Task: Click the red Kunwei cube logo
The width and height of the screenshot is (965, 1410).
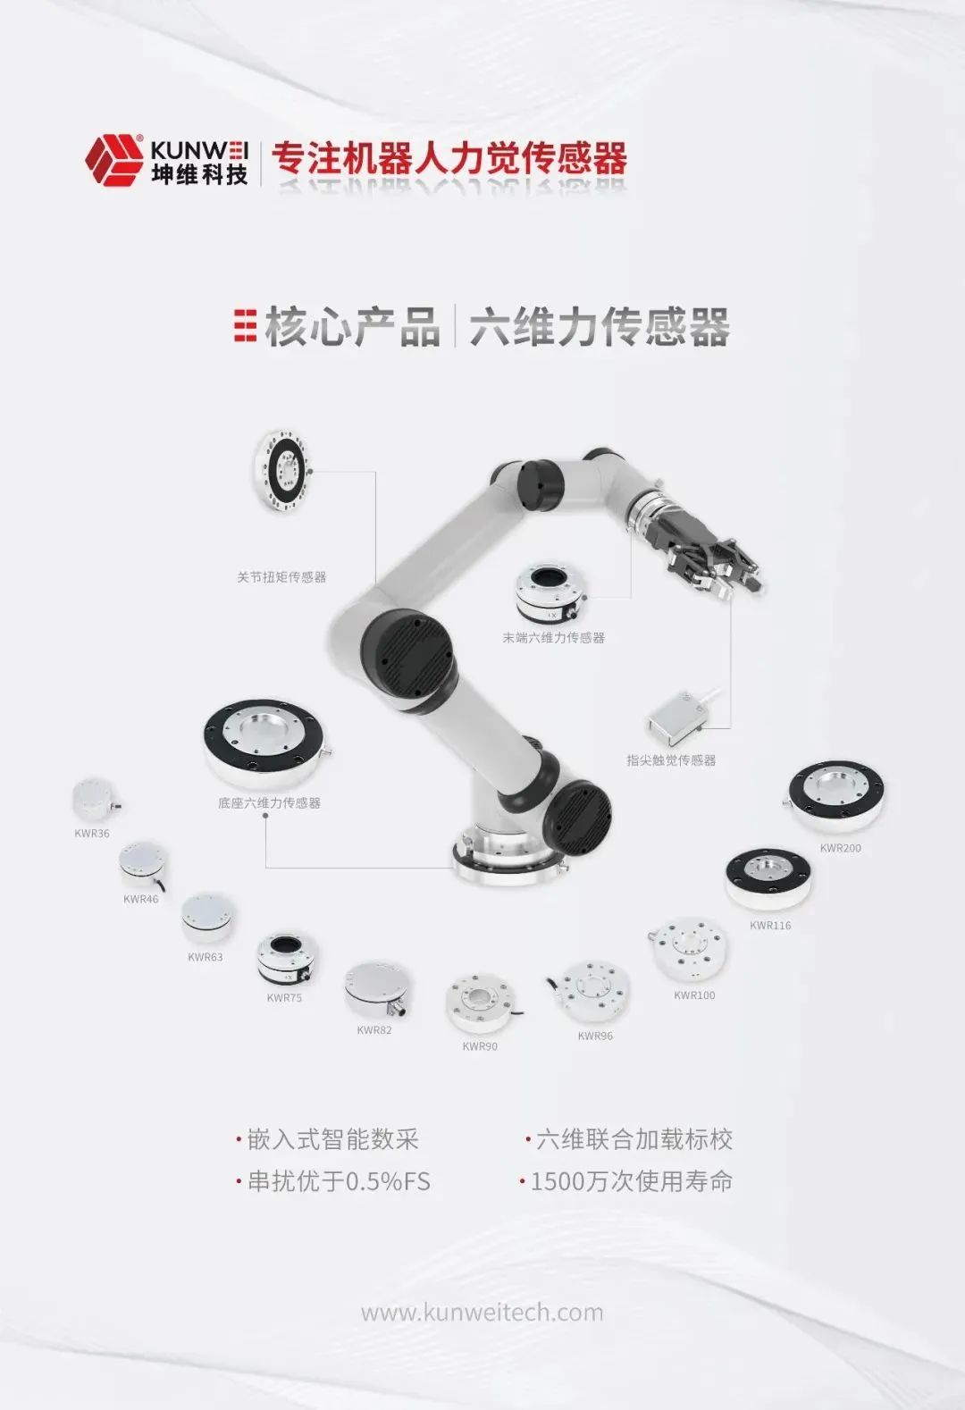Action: click(x=113, y=160)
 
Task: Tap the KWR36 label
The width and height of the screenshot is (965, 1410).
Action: click(x=92, y=834)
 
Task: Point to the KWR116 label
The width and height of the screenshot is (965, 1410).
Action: click(x=770, y=926)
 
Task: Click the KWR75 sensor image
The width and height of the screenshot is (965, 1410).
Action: click(x=287, y=960)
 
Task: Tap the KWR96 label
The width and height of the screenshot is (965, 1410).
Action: click(x=595, y=1036)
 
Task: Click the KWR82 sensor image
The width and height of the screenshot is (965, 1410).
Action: click(x=377, y=989)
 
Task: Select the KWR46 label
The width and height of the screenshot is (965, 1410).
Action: click(x=141, y=900)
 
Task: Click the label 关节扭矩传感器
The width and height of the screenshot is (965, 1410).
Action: click(x=281, y=577)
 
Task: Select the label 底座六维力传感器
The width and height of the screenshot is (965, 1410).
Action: click(x=269, y=803)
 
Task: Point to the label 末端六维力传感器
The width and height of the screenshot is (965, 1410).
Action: click(x=553, y=638)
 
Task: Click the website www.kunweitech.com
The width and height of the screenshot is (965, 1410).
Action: click(x=482, y=1313)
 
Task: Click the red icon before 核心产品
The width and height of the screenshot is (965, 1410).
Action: click(x=245, y=326)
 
